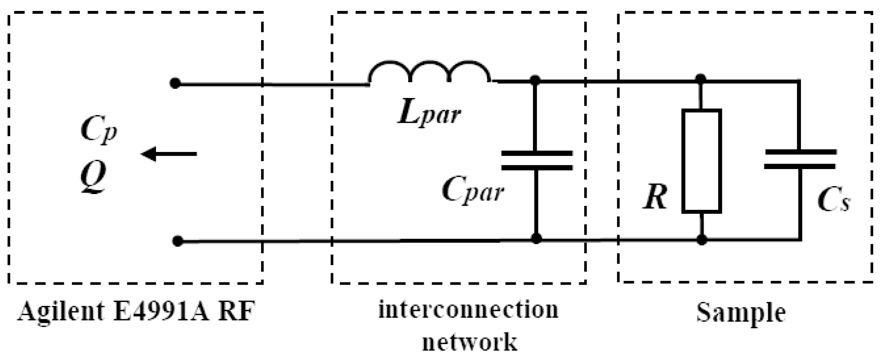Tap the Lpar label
click(x=429, y=115)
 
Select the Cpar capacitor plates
click(x=536, y=160)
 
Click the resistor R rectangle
click(x=702, y=161)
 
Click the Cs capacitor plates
click(x=800, y=159)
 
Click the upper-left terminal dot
click(x=175, y=83)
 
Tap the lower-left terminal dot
click(x=177, y=241)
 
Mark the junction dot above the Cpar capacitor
click(x=535, y=80)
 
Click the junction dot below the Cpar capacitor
click(x=536, y=238)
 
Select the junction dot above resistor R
click(x=701, y=79)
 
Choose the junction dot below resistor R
click(x=702, y=240)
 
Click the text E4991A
click(x=159, y=311)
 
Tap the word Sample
click(x=741, y=312)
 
